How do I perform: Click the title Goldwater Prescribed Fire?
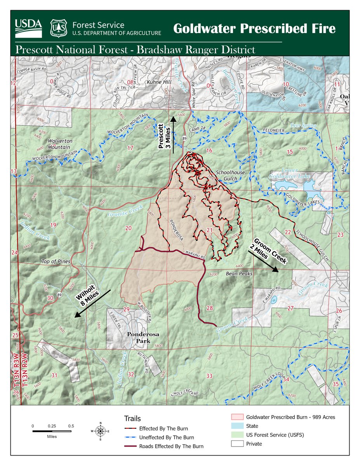pyautogui.click(x=254, y=29)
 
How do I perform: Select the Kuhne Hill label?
pyautogui.click(x=158, y=82)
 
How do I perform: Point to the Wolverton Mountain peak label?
pyautogui.click(x=59, y=144)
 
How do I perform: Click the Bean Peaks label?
pyautogui.click(x=239, y=274)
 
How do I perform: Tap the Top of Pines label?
pyautogui.click(x=56, y=261)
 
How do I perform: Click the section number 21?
pyautogui.click(x=210, y=230)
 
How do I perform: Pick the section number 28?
pyautogui.click(x=210, y=308)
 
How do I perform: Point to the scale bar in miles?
pyautogui.click(x=52, y=431)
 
